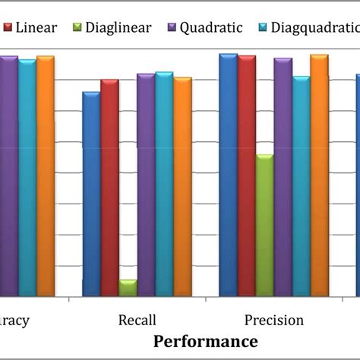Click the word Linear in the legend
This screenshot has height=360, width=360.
coord(36,28)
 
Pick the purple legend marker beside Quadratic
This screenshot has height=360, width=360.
coord(174,28)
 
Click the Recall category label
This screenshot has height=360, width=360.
coord(137,320)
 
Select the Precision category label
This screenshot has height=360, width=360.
coord(273,320)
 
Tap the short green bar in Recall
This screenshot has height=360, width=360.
coord(128,288)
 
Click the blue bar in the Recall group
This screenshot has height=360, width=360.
coord(91,194)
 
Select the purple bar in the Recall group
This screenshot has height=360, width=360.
coord(146,185)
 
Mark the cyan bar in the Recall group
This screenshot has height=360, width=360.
coord(164,184)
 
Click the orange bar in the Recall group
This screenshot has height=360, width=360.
coord(182,186)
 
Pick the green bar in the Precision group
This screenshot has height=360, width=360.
coord(264,226)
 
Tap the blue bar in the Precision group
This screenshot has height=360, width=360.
coord(228,175)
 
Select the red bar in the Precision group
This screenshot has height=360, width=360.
coord(246,175)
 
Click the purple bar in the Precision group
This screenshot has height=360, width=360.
coord(283,177)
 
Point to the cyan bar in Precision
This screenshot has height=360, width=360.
coord(301,186)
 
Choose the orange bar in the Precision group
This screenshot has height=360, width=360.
coord(319,175)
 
